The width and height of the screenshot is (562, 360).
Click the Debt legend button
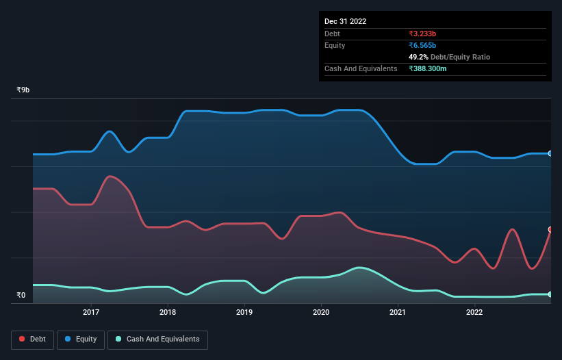point(31,339)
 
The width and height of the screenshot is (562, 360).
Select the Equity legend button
point(80,339)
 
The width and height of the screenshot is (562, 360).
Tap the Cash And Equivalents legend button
point(157,339)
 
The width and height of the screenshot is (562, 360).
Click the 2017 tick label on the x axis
point(91,313)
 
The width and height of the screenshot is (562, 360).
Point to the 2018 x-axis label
point(168,313)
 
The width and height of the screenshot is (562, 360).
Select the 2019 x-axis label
point(244,313)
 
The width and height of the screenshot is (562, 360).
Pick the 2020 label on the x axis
point(321,313)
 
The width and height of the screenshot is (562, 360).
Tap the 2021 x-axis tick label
point(398,313)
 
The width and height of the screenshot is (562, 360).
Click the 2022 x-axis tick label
point(474,313)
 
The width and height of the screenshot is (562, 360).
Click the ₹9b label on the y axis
point(23,90)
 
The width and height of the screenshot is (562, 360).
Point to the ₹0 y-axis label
point(21,296)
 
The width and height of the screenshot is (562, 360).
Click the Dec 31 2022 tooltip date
point(345,21)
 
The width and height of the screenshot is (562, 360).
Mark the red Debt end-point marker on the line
point(550,229)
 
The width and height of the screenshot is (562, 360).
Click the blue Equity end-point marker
point(550,153)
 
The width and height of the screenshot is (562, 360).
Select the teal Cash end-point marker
point(550,294)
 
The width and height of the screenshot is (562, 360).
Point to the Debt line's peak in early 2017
point(111,177)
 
